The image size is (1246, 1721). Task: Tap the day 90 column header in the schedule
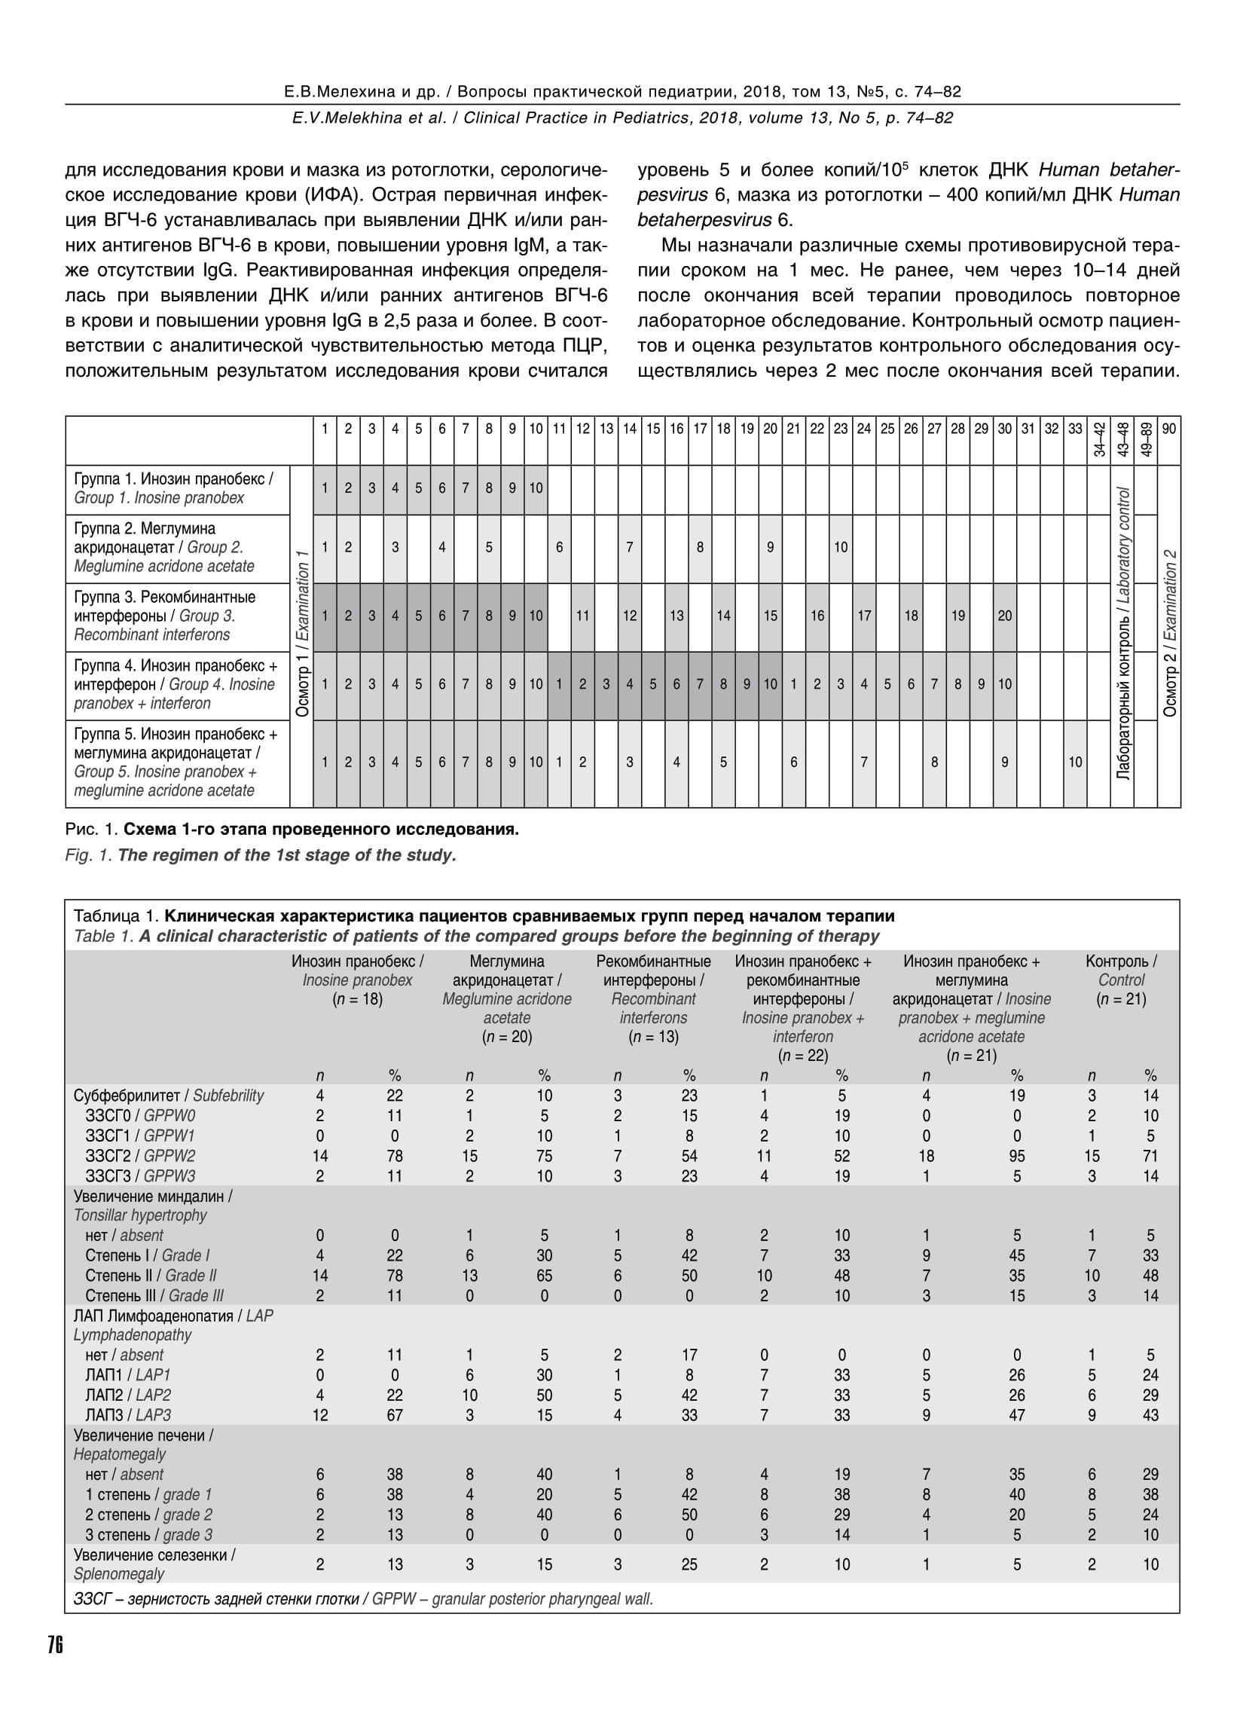coord(1168,429)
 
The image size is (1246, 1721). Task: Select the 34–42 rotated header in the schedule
coord(1099,439)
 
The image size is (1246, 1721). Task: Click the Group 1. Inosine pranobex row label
coord(173,489)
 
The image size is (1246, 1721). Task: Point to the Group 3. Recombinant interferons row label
coord(165,616)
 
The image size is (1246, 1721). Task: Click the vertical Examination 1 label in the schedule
coord(302,634)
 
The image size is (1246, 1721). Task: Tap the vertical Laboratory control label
coord(1122,634)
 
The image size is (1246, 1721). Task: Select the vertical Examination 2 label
coord(1169,634)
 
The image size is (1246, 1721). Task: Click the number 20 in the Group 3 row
coord(1005,616)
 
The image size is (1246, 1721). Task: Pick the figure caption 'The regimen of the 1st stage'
coord(261,855)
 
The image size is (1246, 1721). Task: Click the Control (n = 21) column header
coord(1121,980)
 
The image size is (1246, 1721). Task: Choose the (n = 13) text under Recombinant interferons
coord(653,1038)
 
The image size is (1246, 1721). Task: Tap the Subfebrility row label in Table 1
coord(169,1096)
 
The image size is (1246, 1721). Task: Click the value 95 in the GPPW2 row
coord(1017,1157)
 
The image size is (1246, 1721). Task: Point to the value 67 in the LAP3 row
coord(395,1415)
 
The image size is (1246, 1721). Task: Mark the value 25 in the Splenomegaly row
coord(689,1565)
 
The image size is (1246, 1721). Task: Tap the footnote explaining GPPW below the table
coord(362,1599)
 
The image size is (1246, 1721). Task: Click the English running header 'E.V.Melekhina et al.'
coord(622,118)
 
